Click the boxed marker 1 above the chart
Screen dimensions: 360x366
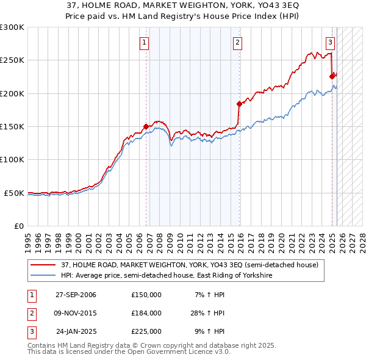click(x=145, y=42)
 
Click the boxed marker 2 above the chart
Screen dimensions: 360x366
click(x=237, y=42)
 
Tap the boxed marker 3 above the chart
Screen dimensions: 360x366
click(x=330, y=42)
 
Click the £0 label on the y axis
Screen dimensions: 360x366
click(x=18, y=226)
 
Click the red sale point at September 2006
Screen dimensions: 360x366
click(x=146, y=126)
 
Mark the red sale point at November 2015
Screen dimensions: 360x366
click(x=239, y=104)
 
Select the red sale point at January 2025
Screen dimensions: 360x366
click(x=332, y=77)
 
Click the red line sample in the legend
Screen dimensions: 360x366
click(x=44, y=265)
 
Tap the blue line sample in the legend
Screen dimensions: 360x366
click(x=44, y=276)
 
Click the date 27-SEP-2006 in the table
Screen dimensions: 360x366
click(x=76, y=295)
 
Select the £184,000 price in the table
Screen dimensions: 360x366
click(x=146, y=313)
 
